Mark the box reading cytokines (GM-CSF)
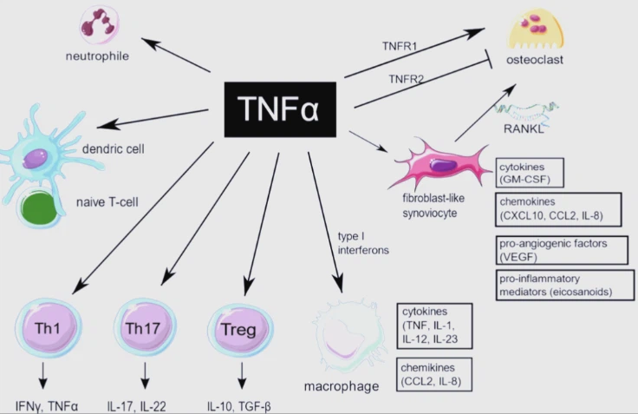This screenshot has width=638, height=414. (x=529, y=173)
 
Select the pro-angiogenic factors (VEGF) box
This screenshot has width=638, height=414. (x=563, y=250)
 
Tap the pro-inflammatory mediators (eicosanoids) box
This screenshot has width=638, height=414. (x=563, y=285)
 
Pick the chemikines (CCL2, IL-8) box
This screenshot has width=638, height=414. (x=433, y=371)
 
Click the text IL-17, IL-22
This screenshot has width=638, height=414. (x=146, y=404)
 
